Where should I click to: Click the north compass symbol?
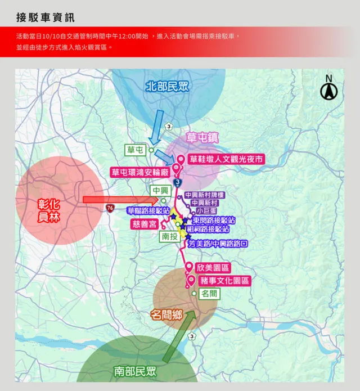tap(328, 88)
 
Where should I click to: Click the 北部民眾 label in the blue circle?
tap(167, 87)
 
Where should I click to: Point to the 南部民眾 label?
tap(135, 371)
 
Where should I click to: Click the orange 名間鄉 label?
tap(166, 315)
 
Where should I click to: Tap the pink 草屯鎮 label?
tap(202, 138)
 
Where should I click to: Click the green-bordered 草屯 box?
tap(136, 150)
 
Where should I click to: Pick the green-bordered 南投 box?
tap(169, 236)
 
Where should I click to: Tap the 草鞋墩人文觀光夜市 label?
tap(226, 159)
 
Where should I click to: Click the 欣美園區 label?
tap(214, 268)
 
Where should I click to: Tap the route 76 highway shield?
tap(109, 208)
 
